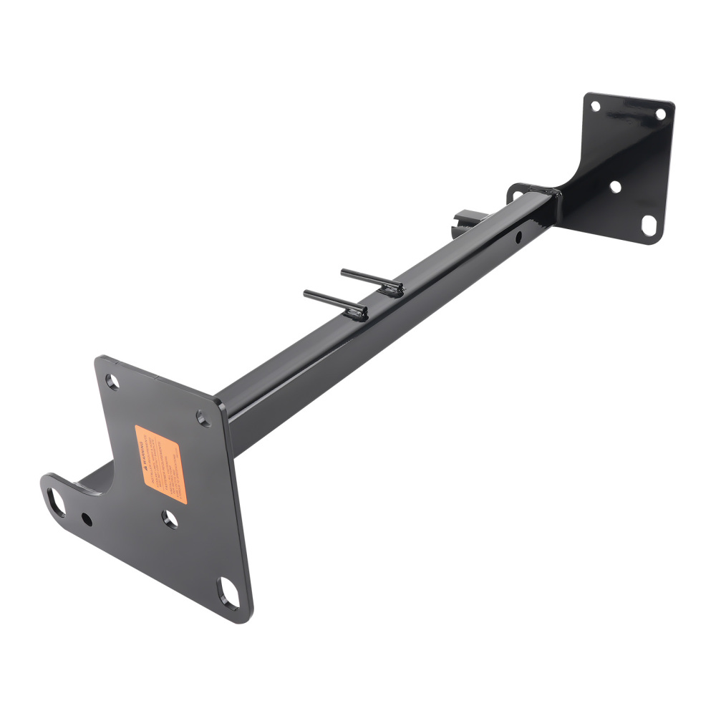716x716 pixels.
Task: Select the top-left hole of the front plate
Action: tap(113, 381)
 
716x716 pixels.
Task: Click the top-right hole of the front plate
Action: tap(203, 417)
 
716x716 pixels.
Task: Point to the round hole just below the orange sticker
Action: tap(170, 518)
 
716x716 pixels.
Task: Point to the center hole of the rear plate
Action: tap(614, 186)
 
